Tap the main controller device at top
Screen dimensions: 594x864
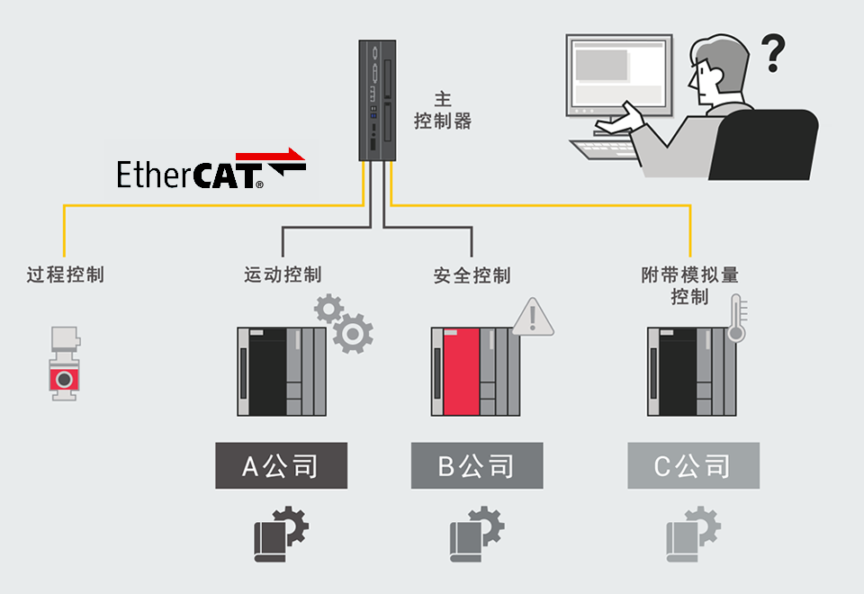(377, 99)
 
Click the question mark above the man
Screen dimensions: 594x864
(772, 53)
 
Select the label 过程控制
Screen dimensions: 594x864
(65, 274)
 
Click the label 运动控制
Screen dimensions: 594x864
(282, 274)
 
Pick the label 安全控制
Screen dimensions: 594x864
(472, 274)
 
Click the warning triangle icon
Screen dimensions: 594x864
(533, 317)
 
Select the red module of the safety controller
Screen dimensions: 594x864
(461, 372)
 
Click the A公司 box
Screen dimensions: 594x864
(281, 465)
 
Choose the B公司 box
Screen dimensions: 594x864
(477, 465)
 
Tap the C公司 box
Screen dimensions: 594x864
(693, 465)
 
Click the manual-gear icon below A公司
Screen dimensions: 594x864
(281, 535)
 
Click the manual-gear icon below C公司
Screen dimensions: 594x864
(693, 535)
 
